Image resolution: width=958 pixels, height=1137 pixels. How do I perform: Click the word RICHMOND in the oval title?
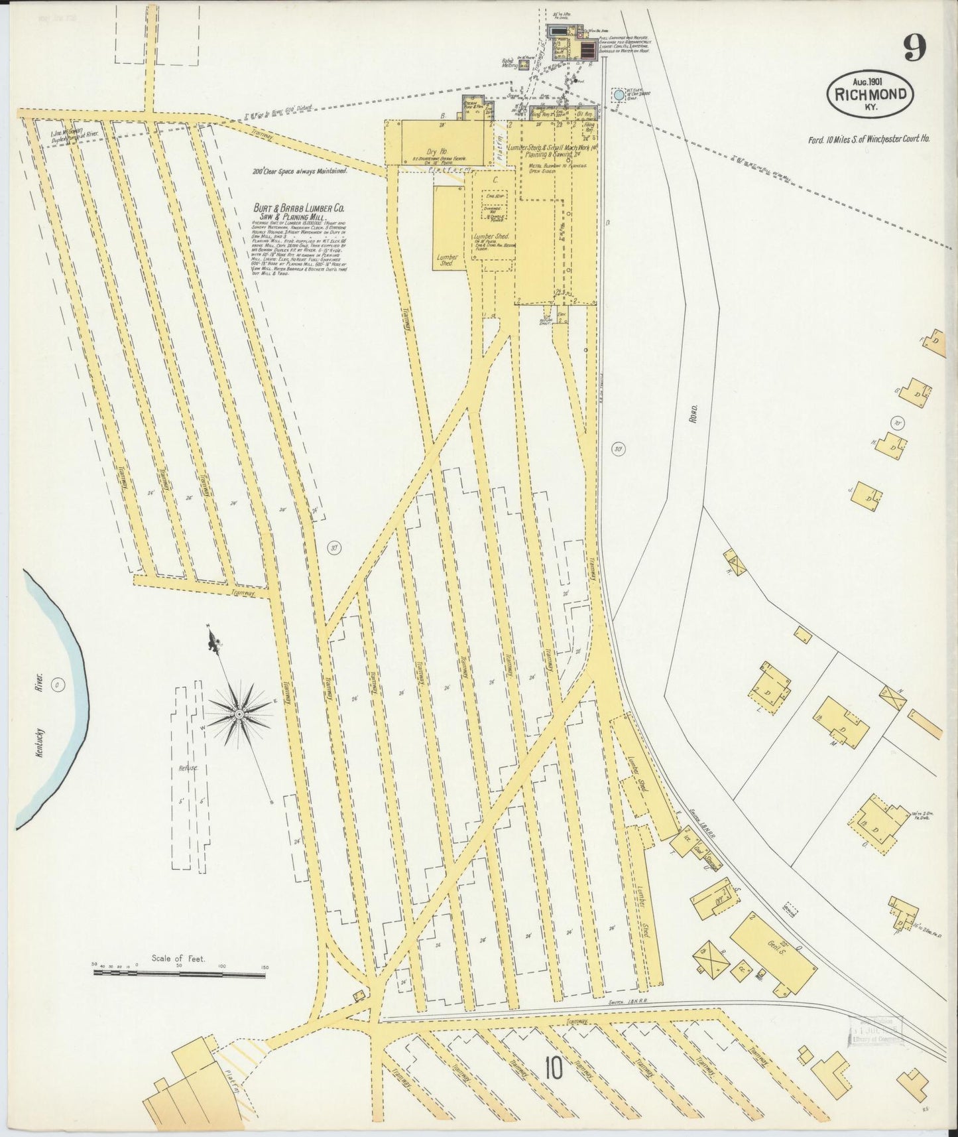[870, 95]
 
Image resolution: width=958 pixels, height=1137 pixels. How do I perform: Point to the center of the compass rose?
[238, 714]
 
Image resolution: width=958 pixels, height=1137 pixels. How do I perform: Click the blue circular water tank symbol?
[619, 95]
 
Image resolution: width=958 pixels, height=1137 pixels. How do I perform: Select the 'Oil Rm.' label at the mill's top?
[585, 114]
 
